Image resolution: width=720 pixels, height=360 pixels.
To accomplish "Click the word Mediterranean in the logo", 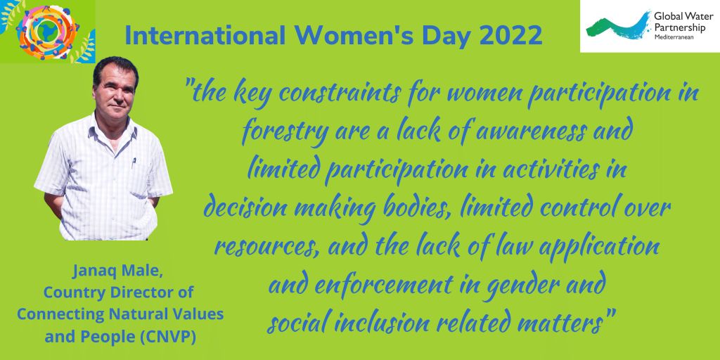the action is point(674,37).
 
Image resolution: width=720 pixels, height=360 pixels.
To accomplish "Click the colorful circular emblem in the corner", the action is point(48,31).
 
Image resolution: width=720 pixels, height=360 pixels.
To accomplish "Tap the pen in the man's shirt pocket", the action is point(134,162).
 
